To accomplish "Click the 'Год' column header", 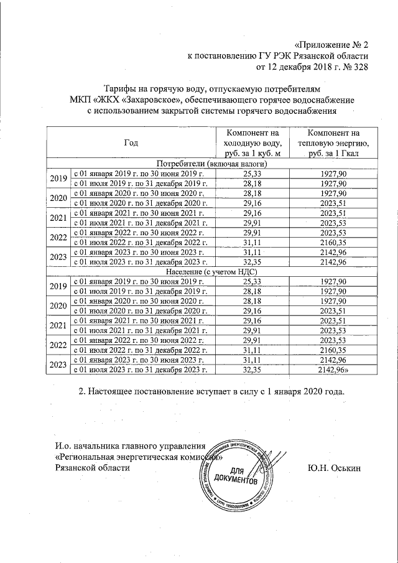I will click(x=131, y=143).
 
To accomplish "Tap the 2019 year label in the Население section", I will click(x=58, y=286).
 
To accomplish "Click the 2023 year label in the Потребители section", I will click(x=58, y=256).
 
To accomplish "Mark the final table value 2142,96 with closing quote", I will click(x=334, y=370).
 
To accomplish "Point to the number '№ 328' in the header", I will click(x=355, y=67).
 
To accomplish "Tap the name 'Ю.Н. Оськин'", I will click(x=333, y=468).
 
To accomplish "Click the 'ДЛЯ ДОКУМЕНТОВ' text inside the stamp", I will click(x=234, y=476).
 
